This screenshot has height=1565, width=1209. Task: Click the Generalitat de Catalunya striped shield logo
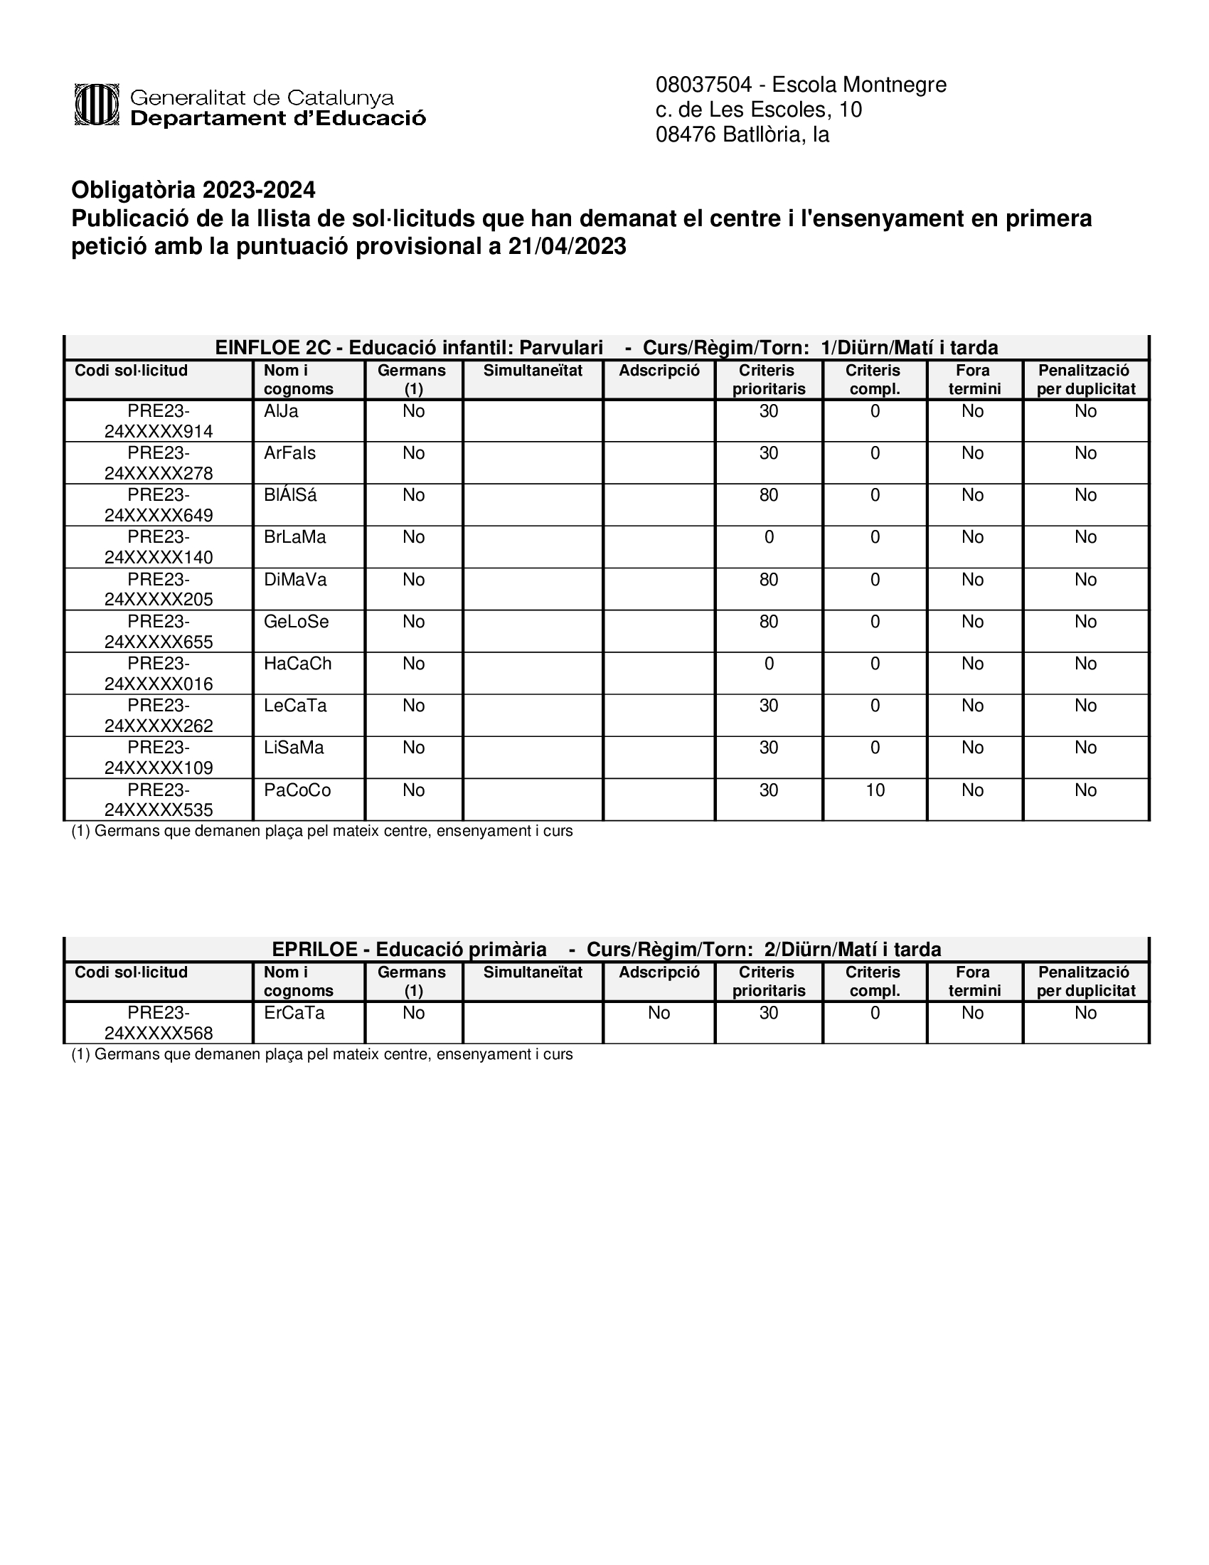(x=96, y=105)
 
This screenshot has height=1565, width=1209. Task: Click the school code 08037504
(x=703, y=85)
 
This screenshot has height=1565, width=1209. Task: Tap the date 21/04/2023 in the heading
(x=567, y=247)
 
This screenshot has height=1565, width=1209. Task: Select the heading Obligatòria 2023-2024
(x=193, y=190)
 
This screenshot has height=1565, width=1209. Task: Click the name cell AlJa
(x=281, y=411)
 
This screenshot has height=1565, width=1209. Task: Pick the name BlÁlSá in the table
(x=290, y=495)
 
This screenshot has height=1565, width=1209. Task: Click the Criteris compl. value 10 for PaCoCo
(x=875, y=790)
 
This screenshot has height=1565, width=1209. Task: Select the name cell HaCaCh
(x=297, y=664)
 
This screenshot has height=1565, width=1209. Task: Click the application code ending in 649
(x=159, y=505)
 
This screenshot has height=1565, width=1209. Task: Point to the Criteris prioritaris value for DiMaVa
(x=769, y=580)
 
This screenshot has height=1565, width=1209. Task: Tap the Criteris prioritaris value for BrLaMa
(x=769, y=537)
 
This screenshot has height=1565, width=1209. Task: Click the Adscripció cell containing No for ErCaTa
(x=659, y=1013)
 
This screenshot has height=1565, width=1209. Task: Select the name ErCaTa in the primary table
(x=294, y=1013)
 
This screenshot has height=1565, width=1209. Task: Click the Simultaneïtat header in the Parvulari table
(x=533, y=371)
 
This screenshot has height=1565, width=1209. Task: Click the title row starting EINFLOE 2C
(x=606, y=348)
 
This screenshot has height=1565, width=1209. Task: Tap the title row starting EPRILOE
(x=606, y=950)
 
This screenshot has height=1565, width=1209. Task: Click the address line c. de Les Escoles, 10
(x=759, y=110)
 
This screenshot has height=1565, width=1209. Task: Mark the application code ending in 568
(x=159, y=1023)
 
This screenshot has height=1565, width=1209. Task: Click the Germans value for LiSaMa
(x=413, y=748)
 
